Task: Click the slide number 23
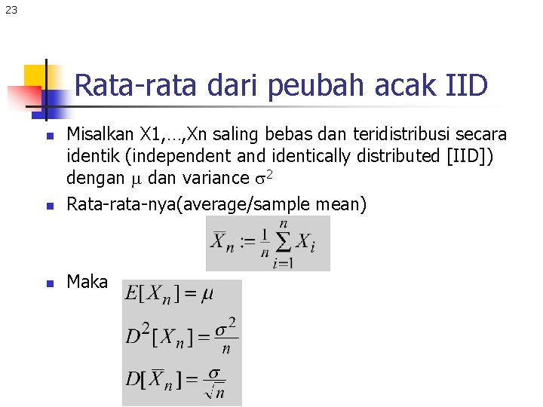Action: click(11, 10)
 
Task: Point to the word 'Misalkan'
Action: click(100, 135)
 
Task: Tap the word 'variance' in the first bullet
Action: click(217, 179)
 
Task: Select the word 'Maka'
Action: click(87, 282)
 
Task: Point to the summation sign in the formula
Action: click(283, 241)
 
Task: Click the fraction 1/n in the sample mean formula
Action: click(264, 243)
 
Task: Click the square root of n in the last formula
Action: click(216, 390)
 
